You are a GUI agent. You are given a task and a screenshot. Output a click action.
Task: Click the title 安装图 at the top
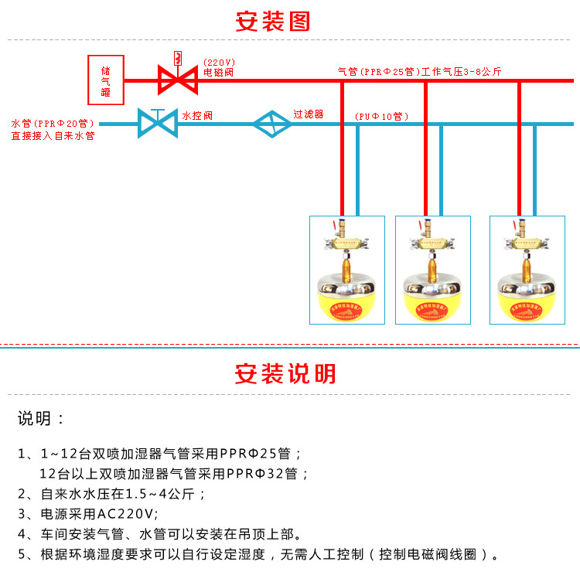[272, 21]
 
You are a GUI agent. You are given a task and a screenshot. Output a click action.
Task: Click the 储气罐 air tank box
[105, 80]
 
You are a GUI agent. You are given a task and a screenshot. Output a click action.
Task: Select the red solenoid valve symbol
[177, 79]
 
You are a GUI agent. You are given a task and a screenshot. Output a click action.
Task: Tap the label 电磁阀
[219, 73]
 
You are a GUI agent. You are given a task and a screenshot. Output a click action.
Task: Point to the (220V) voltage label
[220, 62]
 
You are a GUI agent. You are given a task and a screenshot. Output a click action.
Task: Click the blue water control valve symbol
[157, 122]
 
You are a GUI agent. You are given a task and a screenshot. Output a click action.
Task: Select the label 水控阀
[197, 116]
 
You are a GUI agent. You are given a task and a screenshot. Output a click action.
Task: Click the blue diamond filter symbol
[271, 123]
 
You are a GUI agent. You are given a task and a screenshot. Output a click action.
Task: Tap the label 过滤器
[308, 114]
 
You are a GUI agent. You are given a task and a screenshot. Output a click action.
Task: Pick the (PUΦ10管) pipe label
[381, 117]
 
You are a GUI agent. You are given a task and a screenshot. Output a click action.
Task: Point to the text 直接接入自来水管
[53, 136]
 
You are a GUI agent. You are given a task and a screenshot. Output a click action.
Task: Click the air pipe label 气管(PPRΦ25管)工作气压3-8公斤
[420, 72]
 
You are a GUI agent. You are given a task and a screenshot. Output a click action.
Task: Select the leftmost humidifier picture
[347, 270]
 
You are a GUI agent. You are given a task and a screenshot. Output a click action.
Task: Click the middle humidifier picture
[433, 270]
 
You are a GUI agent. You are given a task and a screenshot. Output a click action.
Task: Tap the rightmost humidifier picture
[527, 270]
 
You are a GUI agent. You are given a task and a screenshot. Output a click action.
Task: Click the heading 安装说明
[285, 374]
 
